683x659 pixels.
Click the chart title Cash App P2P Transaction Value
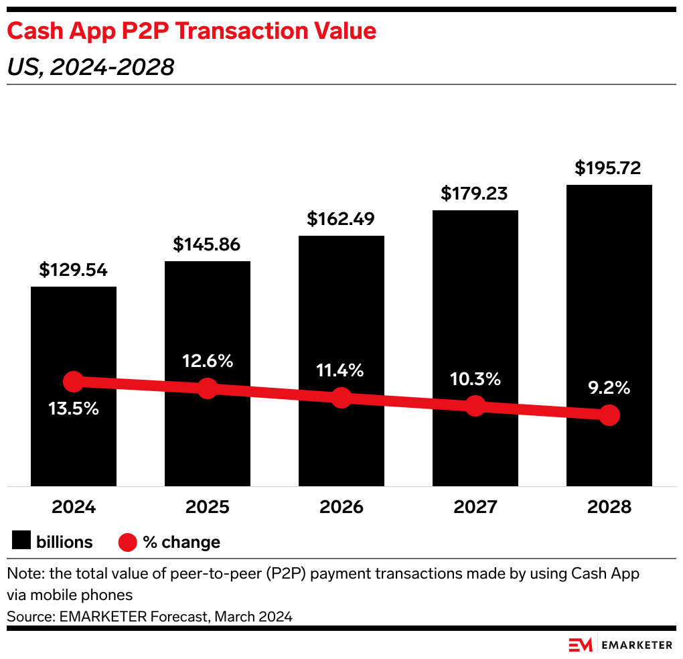click(x=192, y=31)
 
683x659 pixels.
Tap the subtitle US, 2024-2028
click(x=90, y=67)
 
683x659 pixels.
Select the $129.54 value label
click(x=74, y=270)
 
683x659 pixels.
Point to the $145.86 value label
click(x=207, y=244)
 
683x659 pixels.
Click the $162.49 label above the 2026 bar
click(x=341, y=219)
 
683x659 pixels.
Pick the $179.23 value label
click(x=474, y=194)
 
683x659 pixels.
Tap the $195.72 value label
click(x=608, y=168)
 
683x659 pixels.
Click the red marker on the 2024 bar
click(x=74, y=382)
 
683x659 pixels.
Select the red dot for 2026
click(x=341, y=397)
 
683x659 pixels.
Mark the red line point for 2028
click(x=609, y=415)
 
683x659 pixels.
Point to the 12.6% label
click(x=208, y=361)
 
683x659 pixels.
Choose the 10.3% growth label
click(x=475, y=379)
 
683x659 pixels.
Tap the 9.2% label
click(x=609, y=387)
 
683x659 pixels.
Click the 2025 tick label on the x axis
click(x=208, y=507)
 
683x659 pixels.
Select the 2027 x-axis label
click(x=475, y=507)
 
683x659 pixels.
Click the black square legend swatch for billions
click(x=22, y=541)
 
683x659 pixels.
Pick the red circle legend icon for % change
click(x=127, y=542)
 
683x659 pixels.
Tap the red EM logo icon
click(x=581, y=645)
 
